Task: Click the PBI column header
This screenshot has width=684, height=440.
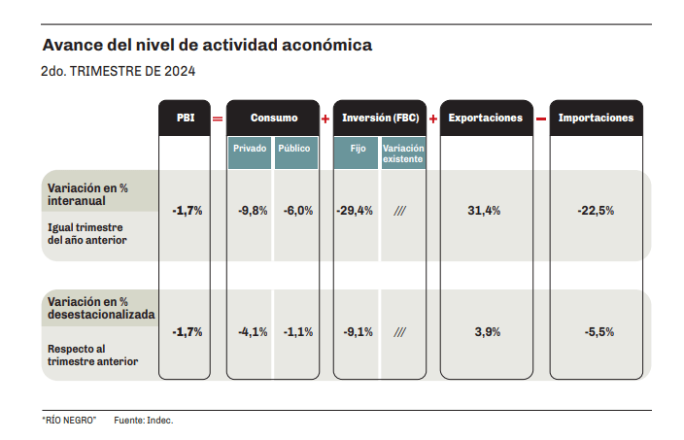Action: (185, 118)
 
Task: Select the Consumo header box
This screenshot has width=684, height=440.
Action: (273, 118)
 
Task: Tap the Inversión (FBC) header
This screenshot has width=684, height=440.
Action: (379, 118)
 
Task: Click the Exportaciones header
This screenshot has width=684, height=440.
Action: (485, 118)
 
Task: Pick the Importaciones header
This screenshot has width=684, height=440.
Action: (596, 118)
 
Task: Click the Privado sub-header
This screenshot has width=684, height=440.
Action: (250, 150)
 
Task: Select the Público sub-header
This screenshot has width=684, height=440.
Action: (295, 150)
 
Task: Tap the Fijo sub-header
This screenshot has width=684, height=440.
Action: (357, 150)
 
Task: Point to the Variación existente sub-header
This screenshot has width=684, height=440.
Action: (402, 153)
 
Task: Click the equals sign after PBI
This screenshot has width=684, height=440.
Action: (218, 118)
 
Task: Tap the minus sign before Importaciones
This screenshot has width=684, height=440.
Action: (540, 118)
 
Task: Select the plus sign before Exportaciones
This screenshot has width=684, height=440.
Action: (432, 118)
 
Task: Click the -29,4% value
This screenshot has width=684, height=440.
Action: (355, 211)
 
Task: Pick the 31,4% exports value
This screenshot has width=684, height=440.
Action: (484, 211)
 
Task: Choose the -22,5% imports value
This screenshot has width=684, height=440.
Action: (595, 211)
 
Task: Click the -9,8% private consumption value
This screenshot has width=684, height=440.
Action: (253, 211)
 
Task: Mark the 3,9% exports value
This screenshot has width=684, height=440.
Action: (487, 332)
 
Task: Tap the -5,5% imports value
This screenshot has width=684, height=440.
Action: (598, 332)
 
